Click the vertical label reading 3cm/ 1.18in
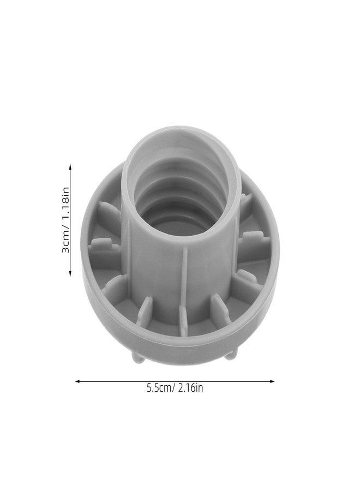(65, 220)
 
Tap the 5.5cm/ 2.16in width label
(175, 388)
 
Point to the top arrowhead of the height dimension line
(70, 166)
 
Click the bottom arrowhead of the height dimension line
(70, 273)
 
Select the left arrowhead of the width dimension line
(78, 381)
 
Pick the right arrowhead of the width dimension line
(272, 381)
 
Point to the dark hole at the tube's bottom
(180, 224)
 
